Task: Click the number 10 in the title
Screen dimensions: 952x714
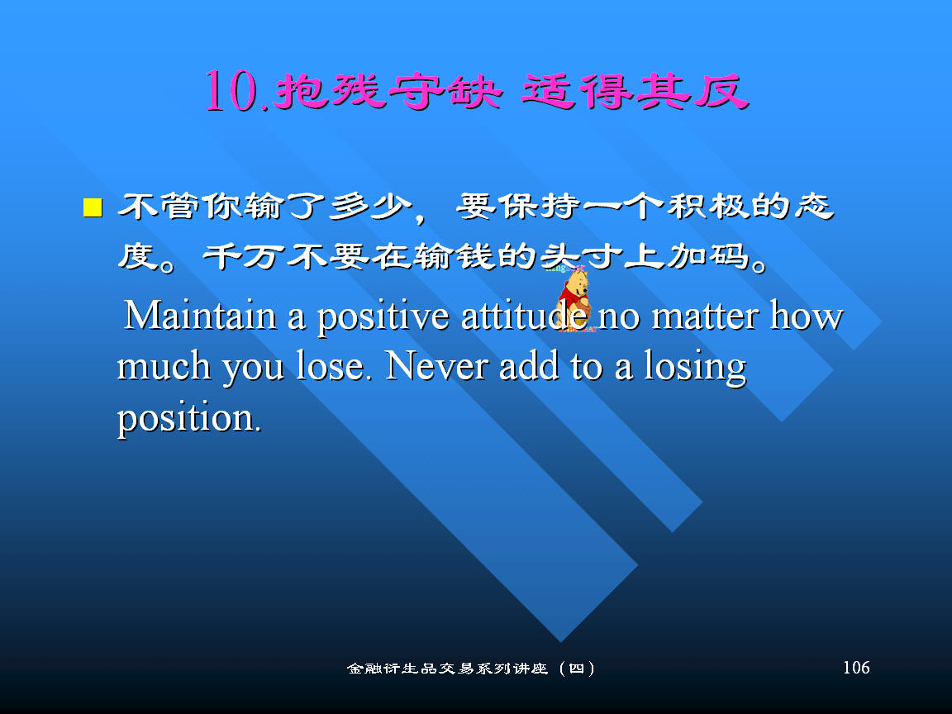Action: pyautogui.click(x=230, y=91)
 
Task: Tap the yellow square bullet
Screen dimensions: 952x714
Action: pyautogui.click(x=93, y=207)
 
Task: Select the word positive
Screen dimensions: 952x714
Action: pyautogui.click(x=383, y=318)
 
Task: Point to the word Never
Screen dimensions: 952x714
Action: pyautogui.click(x=436, y=366)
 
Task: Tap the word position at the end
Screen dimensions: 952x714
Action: pyautogui.click(x=189, y=419)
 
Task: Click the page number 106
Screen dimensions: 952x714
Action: pyautogui.click(x=856, y=667)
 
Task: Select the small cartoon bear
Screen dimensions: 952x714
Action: pyautogui.click(x=574, y=298)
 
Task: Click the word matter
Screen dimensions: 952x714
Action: pyautogui.click(x=705, y=317)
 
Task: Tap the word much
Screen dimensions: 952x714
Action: pyautogui.click(x=164, y=366)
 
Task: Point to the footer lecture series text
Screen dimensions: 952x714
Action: pyautogui.click(x=471, y=669)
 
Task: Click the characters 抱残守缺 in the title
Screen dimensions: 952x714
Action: pyautogui.click(x=388, y=92)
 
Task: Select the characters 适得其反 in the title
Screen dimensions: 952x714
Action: pyautogui.click(x=635, y=92)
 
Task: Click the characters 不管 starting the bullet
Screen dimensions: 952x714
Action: pyautogui.click(x=158, y=206)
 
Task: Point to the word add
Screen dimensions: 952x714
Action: pyautogui.click(x=529, y=366)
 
